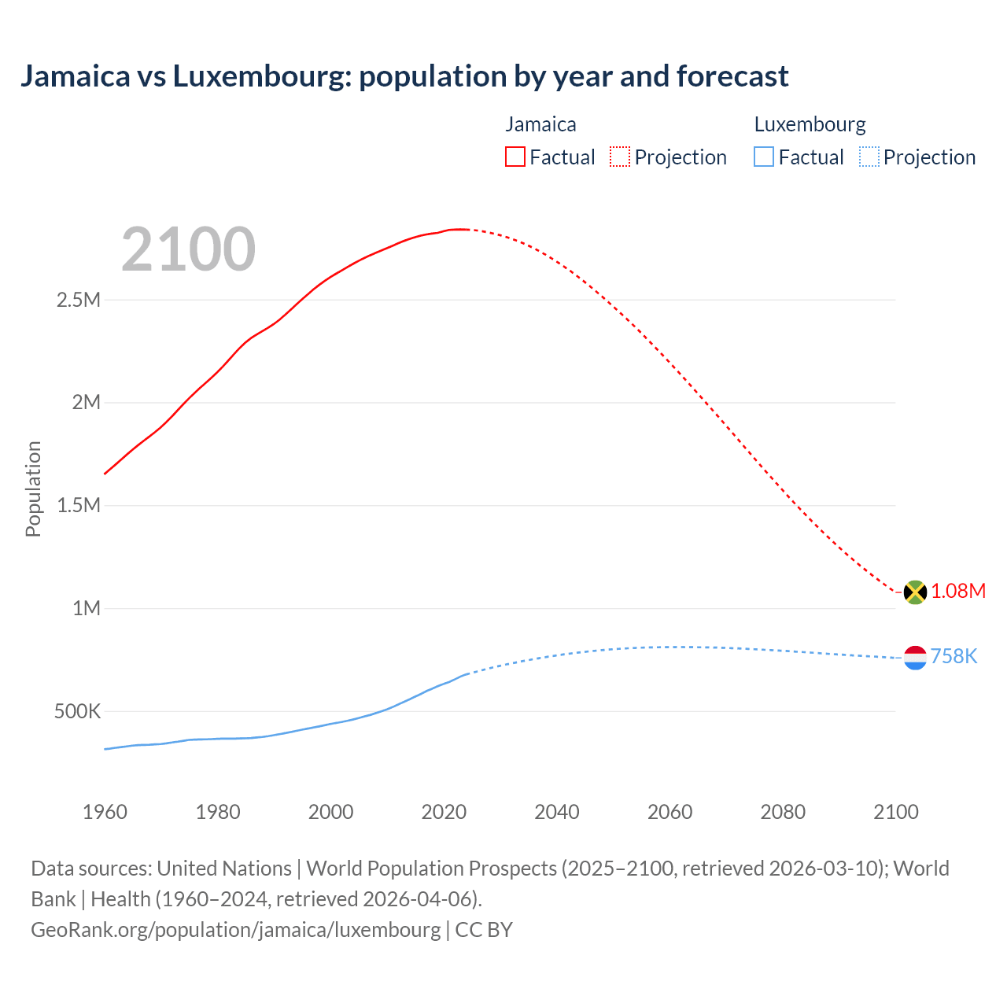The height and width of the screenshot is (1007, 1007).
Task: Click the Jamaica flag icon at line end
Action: click(x=915, y=592)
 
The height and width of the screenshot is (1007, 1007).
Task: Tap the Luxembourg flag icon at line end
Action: click(x=915, y=658)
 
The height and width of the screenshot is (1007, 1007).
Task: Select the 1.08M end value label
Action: click(x=958, y=592)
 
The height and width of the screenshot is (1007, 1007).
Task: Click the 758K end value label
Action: click(x=954, y=657)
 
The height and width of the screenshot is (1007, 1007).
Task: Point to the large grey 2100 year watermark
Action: click(x=188, y=249)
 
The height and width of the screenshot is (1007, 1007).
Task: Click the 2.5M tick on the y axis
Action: click(x=79, y=300)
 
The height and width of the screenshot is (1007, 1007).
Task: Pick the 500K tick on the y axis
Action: click(x=77, y=712)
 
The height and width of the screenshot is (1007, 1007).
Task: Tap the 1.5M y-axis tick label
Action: click(x=79, y=506)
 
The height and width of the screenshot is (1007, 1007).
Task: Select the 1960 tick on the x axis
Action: click(x=105, y=812)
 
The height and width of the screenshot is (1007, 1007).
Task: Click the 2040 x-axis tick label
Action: click(x=557, y=812)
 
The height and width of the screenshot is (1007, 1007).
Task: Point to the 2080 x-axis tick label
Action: click(x=783, y=812)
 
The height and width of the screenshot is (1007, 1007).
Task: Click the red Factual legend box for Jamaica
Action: click(x=515, y=157)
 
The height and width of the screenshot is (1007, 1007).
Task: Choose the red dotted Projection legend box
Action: click(x=620, y=157)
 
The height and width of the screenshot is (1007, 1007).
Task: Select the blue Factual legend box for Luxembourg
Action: click(x=764, y=157)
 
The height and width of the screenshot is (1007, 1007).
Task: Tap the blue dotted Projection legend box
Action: click(x=869, y=157)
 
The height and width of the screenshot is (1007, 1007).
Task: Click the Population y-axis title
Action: click(x=33, y=489)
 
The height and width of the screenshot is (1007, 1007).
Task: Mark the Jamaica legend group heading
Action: click(x=540, y=124)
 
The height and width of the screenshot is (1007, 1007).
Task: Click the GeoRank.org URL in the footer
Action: click(x=236, y=930)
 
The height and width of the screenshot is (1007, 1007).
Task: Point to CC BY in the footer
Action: click(x=484, y=930)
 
